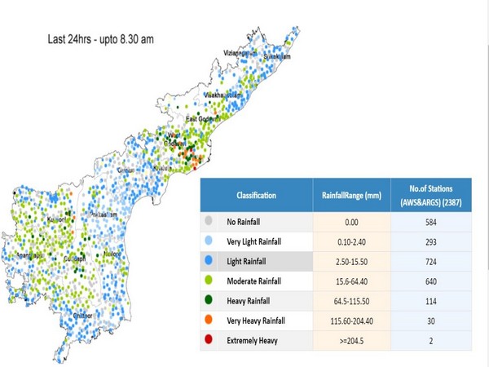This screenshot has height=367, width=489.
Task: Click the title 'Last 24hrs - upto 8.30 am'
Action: tap(99, 38)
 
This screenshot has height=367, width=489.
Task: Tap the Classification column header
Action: tap(256, 196)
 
